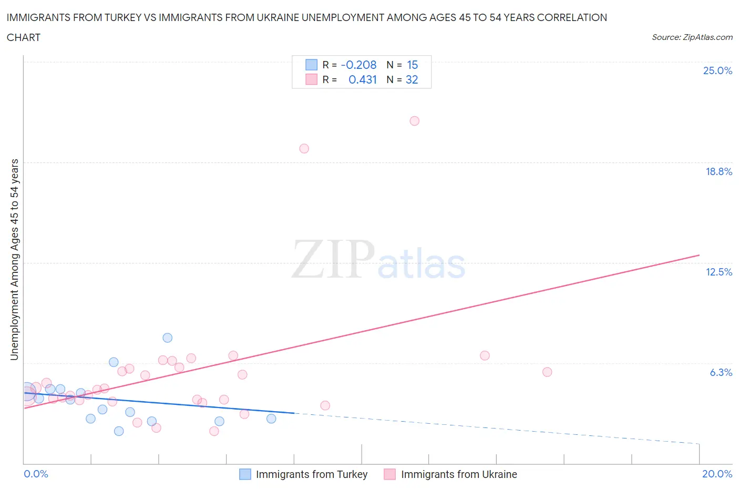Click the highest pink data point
[414, 121]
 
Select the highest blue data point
[167, 338]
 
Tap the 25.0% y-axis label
[717, 70]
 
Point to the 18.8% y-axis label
[719, 171]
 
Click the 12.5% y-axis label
[719, 272]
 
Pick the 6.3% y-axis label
[721, 372]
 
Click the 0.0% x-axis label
[36, 474]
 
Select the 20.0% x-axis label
[717, 474]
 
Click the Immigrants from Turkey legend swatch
[245, 474]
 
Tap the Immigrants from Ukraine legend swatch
[389, 474]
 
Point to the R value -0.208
[358, 65]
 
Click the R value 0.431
[363, 79]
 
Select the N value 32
[412, 79]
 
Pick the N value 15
[412, 65]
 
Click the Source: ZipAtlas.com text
[692, 37]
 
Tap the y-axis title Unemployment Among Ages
[14, 259]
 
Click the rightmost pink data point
[547, 372]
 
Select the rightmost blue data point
[271, 419]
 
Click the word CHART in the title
[24, 37]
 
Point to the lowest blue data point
[119, 431]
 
